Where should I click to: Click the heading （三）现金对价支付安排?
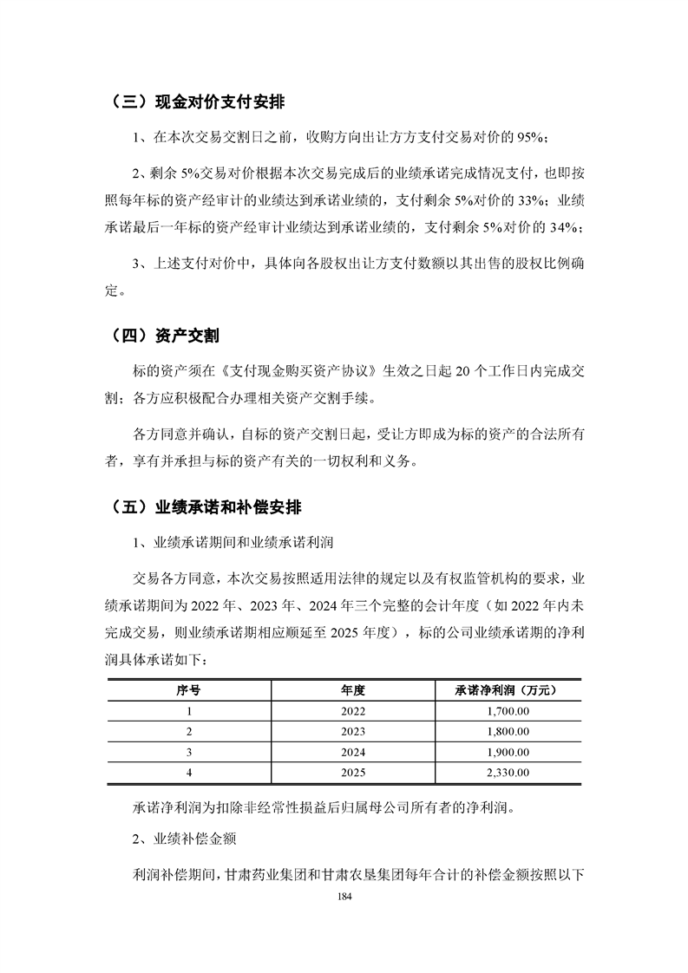199,101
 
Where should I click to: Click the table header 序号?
188,690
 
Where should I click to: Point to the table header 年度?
354,690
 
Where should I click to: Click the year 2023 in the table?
354,731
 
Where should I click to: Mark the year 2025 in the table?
354,771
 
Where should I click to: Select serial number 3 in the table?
188,751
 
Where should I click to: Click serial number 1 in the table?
188,711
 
